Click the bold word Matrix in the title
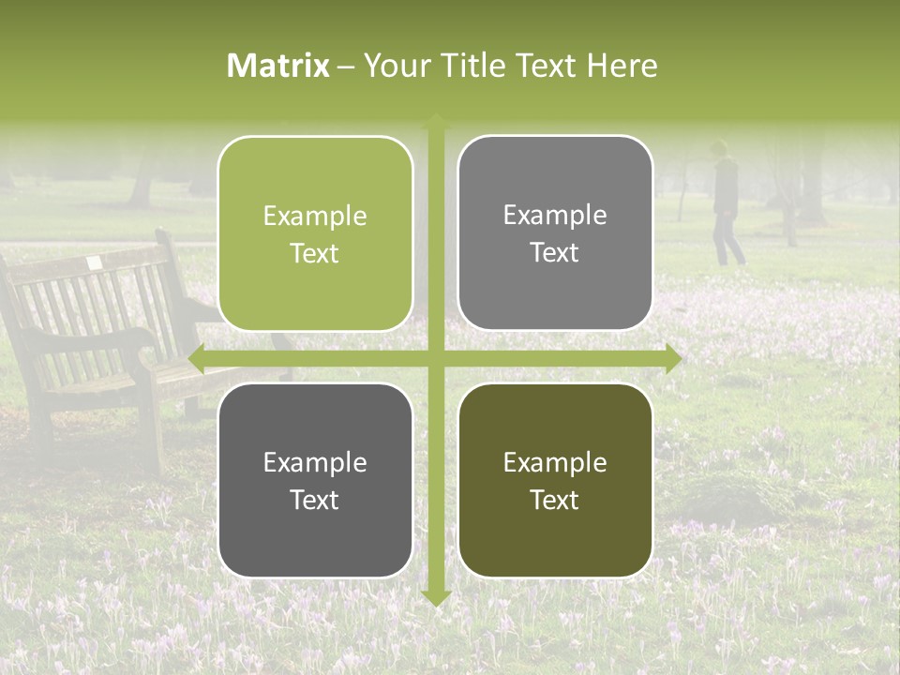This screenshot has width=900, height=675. coord(278,66)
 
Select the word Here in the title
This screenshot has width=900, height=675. coord(622,66)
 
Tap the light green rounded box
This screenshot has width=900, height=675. coord(315,233)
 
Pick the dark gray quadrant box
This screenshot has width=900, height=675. coord(315,480)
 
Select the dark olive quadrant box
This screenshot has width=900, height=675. coord(555,480)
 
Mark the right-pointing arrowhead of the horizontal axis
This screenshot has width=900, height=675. coord(672,358)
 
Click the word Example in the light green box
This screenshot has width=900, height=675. coord(315,216)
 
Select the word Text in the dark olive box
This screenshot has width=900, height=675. coord(555,500)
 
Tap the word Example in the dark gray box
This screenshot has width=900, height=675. coord(315,462)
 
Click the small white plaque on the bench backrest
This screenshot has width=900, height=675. coord(94,265)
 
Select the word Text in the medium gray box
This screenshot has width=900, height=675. coord(555,253)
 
